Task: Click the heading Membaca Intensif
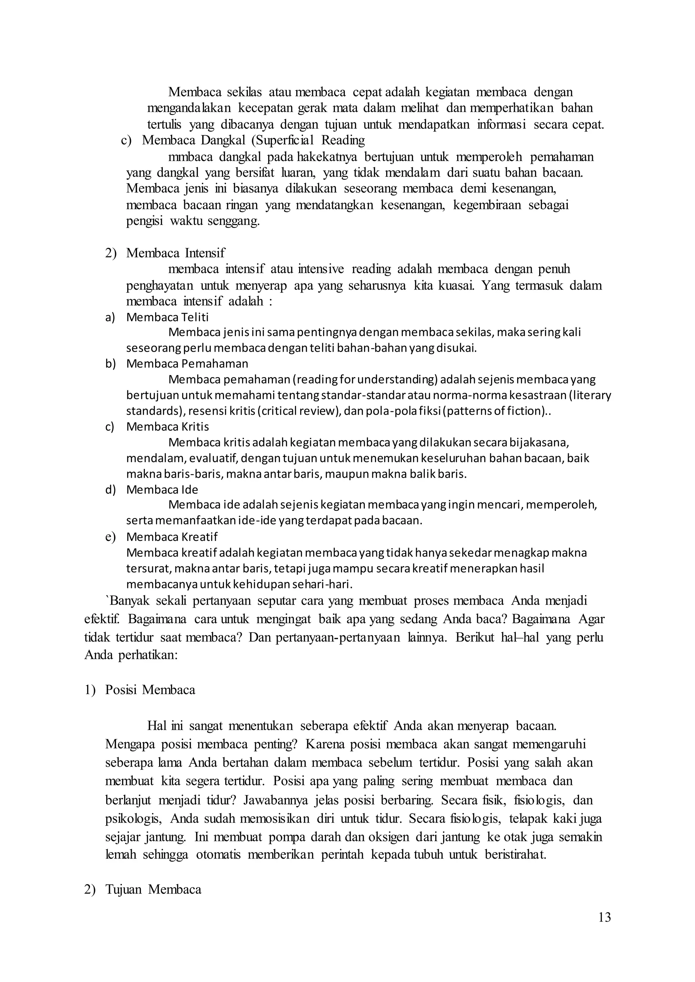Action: click(175, 253)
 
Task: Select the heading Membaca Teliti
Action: click(167, 317)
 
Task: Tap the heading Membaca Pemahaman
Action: click(187, 364)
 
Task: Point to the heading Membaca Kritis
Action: click(167, 427)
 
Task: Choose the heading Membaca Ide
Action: click(162, 489)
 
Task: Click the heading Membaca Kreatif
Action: click(172, 536)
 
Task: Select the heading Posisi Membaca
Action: click(150, 690)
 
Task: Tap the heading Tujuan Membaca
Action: click(153, 890)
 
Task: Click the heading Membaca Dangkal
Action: click(193, 140)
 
